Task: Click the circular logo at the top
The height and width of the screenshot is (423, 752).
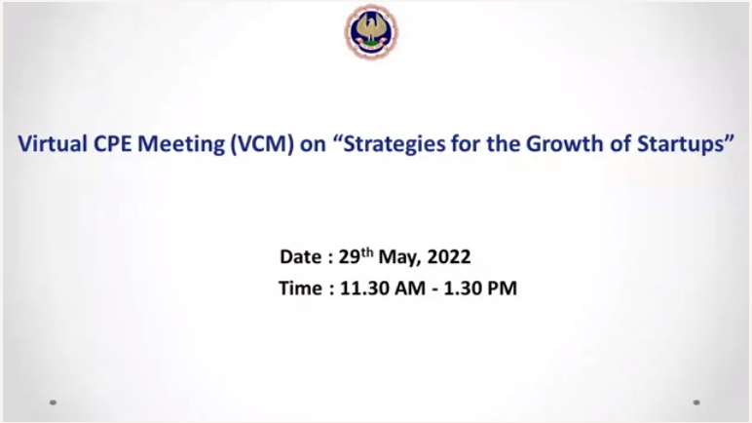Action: pos(371,32)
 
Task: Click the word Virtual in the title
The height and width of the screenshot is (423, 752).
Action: pos(53,143)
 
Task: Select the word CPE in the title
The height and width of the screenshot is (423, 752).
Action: pos(112,143)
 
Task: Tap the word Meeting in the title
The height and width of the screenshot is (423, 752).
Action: pos(181,144)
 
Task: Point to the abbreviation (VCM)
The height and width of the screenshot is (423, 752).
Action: pos(262,144)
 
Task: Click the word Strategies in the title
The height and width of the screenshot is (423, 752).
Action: pos(395,144)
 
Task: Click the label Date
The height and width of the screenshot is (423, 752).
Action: pos(301,257)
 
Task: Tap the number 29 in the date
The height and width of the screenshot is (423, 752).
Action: pos(350,257)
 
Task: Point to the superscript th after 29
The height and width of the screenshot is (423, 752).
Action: pos(367,252)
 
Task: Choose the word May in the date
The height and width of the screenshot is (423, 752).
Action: pos(399,258)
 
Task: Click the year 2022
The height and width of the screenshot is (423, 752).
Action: pos(449,257)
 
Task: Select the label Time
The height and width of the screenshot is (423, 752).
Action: pos(301,288)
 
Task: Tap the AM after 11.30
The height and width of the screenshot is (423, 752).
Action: pos(409,288)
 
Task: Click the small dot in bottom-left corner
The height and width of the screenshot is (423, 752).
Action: pos(54,403)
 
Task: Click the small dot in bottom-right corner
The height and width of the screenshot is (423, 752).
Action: pos(696,403)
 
